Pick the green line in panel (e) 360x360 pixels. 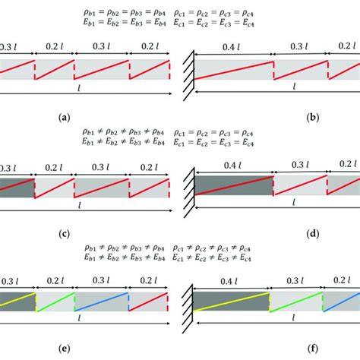point(55,302)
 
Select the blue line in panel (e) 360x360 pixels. point(103,302)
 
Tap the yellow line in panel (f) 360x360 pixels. point(232,302)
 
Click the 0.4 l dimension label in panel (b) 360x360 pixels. point(233,46)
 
